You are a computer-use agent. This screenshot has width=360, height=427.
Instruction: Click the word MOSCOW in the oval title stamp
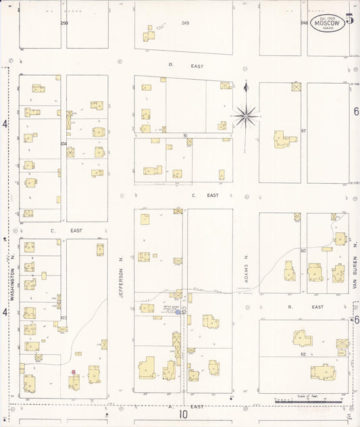pos(328,22)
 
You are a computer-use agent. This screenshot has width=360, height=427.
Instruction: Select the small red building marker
pos(74,372)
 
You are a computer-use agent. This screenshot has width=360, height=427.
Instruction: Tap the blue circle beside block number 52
pos(178,312)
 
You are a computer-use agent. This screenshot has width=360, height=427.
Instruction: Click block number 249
pos(185,23)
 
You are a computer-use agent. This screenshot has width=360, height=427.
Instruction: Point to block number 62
pos(304,354)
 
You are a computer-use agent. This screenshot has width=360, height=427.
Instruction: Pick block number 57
pos(304,130)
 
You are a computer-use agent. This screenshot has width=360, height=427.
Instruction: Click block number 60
pos(304,251)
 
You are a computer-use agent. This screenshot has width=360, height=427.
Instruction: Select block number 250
pos(64,23)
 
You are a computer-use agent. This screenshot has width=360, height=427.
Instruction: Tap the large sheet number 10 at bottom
pos(183,414)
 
